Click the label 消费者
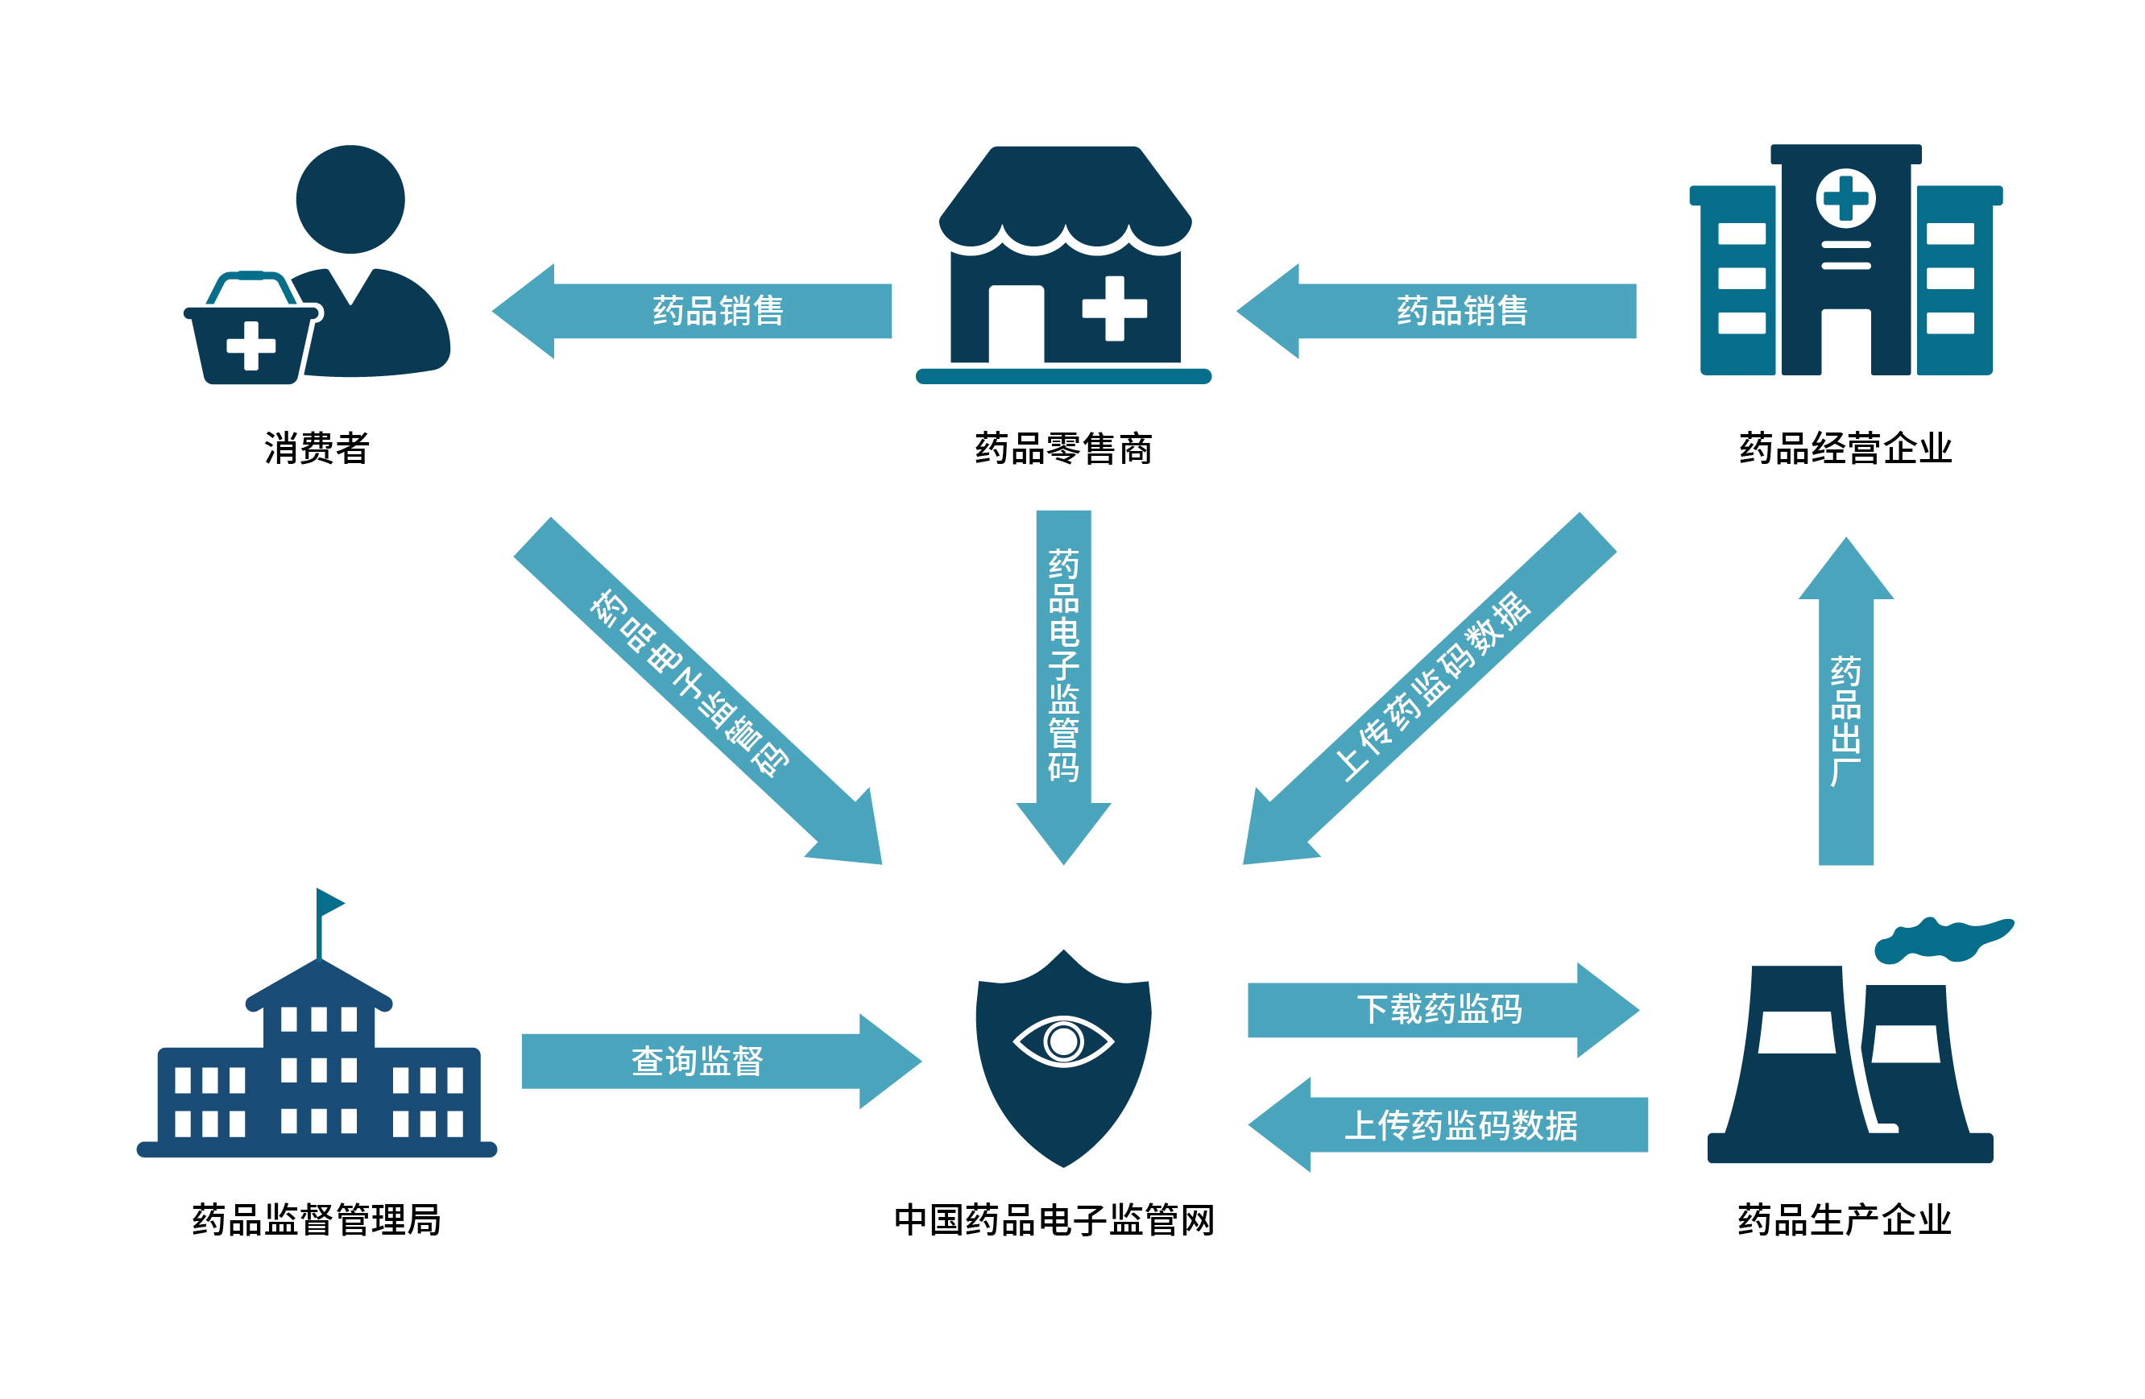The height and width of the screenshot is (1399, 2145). click(x=317, y=448)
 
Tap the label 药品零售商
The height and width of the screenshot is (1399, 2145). click(x=1063, y=448)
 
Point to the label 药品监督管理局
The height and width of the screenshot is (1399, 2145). click(x=317, y=1219)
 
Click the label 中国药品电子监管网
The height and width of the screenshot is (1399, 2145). click(x=1054, y=1219)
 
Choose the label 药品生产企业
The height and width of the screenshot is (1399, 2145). click(x=1844, y=1219)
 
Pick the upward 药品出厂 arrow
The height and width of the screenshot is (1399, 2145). click(x=1846, y=721)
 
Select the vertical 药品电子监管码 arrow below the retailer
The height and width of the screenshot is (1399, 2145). click(x=1063, y=667)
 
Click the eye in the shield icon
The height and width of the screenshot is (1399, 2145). click(x=1063, y=1041)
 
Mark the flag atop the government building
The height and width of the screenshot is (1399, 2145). click(x=329, y=902)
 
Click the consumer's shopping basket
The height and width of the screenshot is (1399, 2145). click(x=251, y=338)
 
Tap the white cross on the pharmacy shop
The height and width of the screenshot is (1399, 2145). click(x=1115, y=308)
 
